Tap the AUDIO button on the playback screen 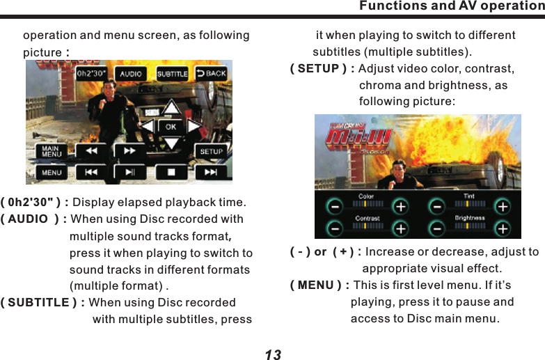[131, 73]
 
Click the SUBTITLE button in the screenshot [172, 73]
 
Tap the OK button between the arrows [171, 127]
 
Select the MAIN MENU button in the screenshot [50, 150]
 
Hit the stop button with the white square [171, 172]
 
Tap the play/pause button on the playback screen [130, 172]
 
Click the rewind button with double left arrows [91, 150]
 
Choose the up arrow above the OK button [171, 109]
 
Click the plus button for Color [401, 207]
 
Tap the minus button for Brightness [436, 228]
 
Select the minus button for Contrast [335, 228]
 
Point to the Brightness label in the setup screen [469, 218]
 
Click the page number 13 [273, 354]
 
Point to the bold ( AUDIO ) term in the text [33, 219]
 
